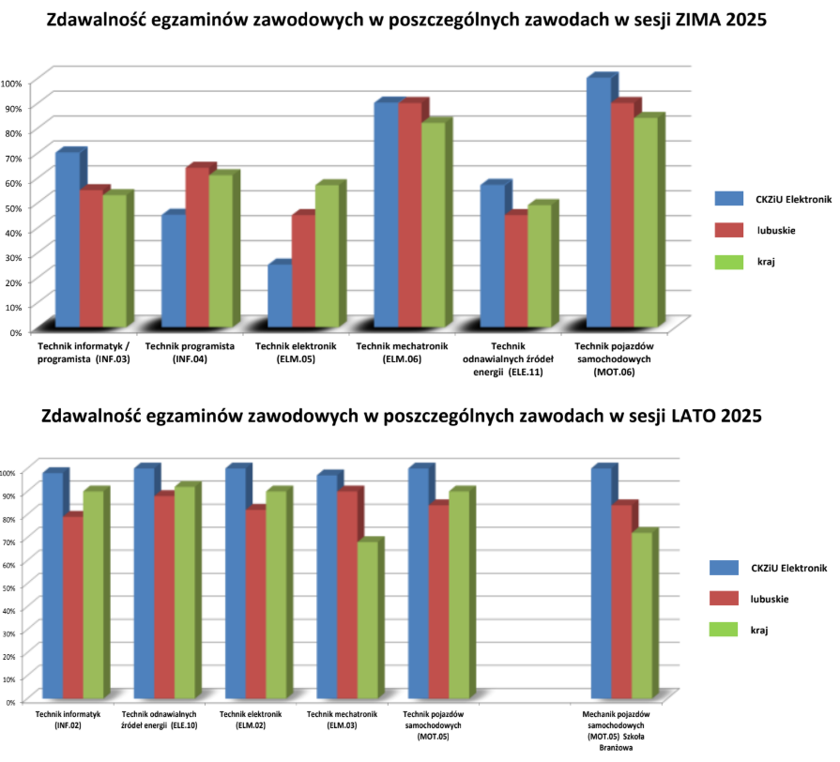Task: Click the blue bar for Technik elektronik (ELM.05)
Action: click(x=279, y=298)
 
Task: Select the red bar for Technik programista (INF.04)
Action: click(x=197, y=250)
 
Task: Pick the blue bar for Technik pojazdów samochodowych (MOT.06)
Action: click(x=598, y=206)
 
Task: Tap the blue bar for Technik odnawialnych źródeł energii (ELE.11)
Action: click(x=492, y=257)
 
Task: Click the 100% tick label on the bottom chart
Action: click(x=9, y=473)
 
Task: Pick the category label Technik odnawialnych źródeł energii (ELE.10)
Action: click(x=158, y=720)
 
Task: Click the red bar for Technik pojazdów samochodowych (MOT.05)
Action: click(x=438, y=604)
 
